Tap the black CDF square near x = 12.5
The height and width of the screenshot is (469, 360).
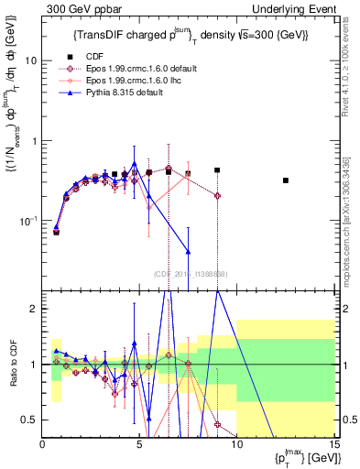(286, 180)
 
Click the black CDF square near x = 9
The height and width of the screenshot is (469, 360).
(217, 170)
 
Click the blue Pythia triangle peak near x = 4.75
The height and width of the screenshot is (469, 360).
(135, 164)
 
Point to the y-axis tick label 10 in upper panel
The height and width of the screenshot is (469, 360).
(30, 60)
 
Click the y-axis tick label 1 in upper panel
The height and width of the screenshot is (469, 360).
(34, 141)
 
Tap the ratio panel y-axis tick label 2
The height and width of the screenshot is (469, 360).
(34, 309)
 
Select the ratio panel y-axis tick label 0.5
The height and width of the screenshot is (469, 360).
(29, 420)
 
